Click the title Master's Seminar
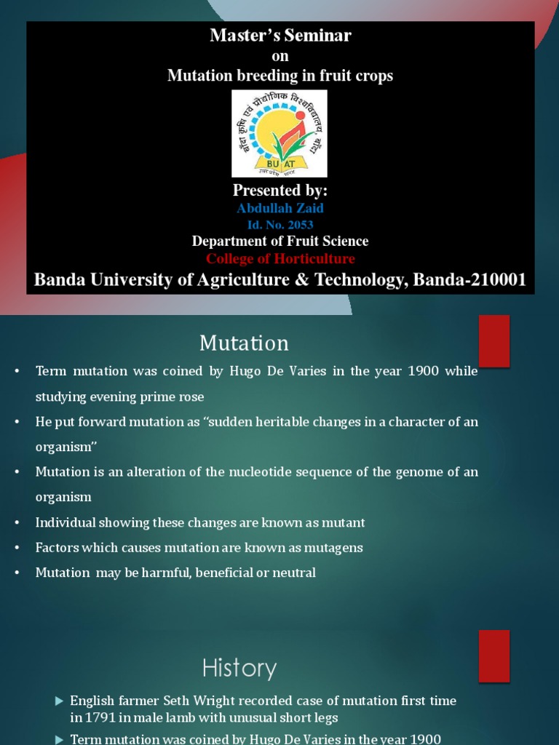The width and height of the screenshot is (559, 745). click(x=280, y=36)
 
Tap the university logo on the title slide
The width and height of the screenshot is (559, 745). click(x=279, y=134)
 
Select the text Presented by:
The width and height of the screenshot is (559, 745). click(x=280, y=191)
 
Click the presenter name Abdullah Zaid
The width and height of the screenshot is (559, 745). click(x=280, y=209)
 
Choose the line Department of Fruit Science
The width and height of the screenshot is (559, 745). click(x=280, y=242)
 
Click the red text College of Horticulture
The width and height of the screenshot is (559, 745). click(x=280, y=259)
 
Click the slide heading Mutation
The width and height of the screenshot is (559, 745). click(x=244, y=343)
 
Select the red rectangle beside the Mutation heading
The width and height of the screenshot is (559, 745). click(x=494, y=341)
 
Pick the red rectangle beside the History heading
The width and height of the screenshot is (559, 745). click(x=494, y=656)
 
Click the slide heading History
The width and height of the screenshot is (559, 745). click(x=239, y=668)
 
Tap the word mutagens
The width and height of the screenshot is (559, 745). click(x=333, y=547)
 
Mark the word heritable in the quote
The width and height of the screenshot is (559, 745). click(x=273, y=422)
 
